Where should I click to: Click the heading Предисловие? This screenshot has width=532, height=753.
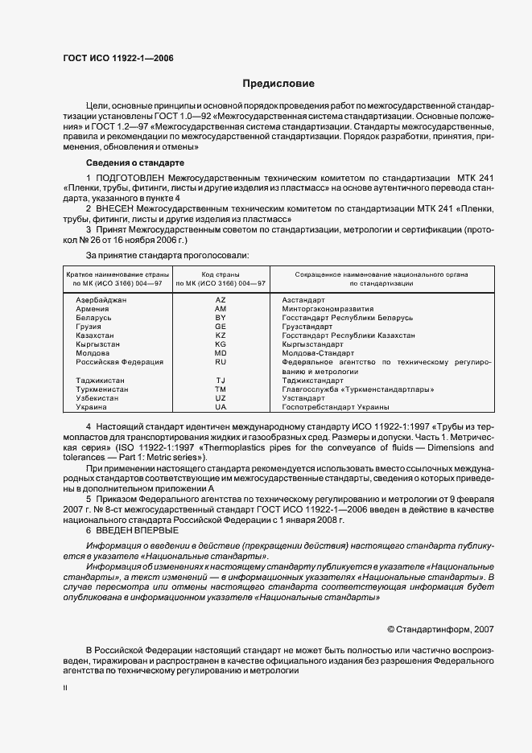(278, 84)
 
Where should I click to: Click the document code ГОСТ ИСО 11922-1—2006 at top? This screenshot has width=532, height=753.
(118, 58)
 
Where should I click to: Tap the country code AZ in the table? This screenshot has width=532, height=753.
(221, 299)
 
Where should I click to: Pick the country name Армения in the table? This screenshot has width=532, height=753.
(93, 309)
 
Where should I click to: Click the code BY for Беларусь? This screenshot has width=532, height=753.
(221, 318)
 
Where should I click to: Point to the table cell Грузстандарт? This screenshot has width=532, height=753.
(307, 327)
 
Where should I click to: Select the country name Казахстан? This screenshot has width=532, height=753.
(95, 335)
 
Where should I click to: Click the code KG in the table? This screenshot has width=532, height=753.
(221, 344)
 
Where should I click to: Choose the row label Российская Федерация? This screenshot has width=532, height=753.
(119, 362)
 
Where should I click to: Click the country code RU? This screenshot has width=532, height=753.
(221, 362)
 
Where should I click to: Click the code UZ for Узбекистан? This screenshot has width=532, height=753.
(221, 397)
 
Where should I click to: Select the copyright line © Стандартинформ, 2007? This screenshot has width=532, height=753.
(440, 629)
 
